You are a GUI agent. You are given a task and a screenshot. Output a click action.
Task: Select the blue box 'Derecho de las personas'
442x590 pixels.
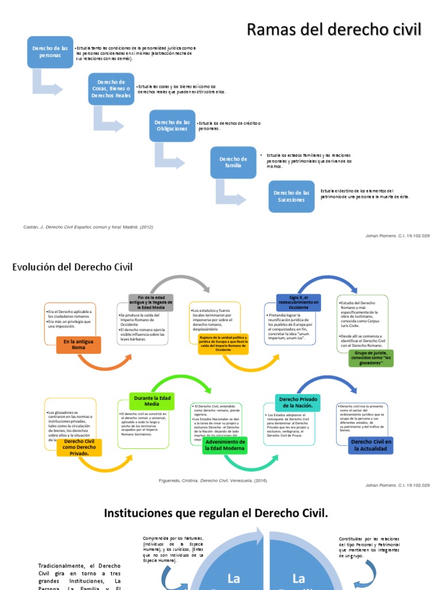(x=49, y=52)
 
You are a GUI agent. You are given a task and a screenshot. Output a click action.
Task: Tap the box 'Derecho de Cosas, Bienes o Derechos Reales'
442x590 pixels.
(x=110, y=89)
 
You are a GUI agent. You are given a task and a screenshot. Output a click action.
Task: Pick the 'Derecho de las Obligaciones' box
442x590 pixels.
(x=172, y=126)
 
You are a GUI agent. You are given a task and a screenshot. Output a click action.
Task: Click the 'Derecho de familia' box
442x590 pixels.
(x=233, y=162)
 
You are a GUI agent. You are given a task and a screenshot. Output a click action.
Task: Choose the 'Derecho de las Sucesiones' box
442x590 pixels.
(x=291, y=196)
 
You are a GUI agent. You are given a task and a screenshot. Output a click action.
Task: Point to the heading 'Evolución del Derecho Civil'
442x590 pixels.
(x=73, y=267)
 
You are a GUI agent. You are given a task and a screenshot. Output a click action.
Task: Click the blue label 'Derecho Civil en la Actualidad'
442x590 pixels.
(x=371, y=445)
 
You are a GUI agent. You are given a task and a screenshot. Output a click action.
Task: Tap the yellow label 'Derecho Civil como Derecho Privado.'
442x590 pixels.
(x=79, y=447)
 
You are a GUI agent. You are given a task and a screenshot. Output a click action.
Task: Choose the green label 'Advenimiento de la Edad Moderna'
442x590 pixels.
(x=225, y=445)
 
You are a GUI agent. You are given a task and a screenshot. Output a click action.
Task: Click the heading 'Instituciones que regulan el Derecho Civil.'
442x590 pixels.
(x=216, y=513)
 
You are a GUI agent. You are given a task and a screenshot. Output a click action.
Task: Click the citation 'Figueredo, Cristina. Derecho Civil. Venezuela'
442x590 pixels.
(x=212, y=479)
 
